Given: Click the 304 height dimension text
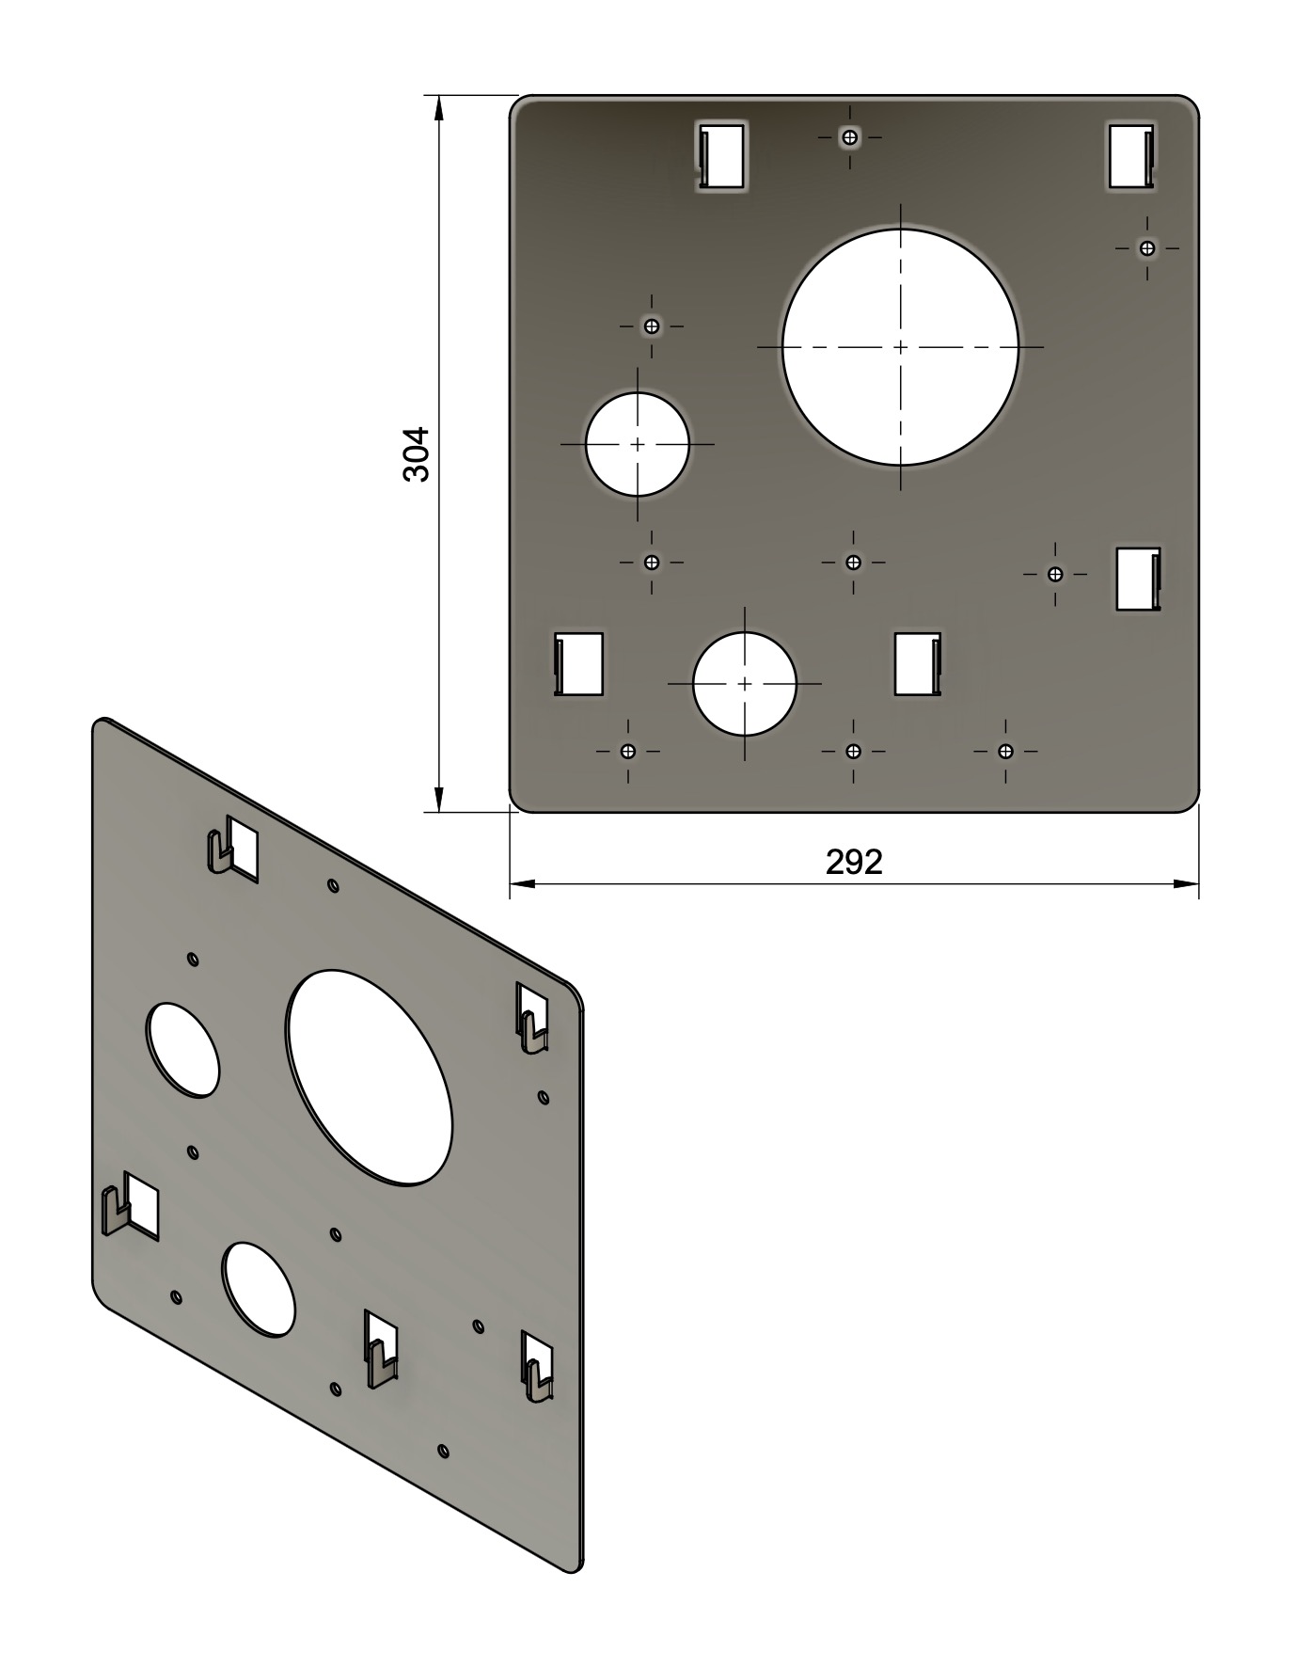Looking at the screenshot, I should [x=416, y=454].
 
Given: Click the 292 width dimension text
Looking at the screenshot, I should [x=854, y=862].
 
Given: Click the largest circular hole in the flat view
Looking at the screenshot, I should [x=900, y=347].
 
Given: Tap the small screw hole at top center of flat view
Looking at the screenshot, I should [x=850, y=137].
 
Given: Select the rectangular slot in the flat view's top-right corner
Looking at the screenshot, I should [x=1131, y=156].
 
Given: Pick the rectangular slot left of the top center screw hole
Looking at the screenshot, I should [x=721, y=155].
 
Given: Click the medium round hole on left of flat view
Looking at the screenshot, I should [x=638, y=444].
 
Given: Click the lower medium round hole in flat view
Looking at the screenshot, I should [x=745, y=684].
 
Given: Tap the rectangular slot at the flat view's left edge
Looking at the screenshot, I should [x=578, y=663].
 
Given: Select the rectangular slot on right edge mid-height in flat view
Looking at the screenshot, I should [x=1138, y=579].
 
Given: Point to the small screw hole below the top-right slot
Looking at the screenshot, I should [x=1146, y=248].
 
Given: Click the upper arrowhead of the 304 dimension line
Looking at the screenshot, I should [x=438, y=107].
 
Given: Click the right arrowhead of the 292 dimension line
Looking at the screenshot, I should [x=1186, y=883].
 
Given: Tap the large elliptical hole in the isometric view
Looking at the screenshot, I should [x=370, y=1076].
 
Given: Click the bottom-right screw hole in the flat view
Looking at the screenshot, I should [x=1005, y=751].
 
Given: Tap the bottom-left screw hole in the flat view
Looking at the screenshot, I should [x=628, y=751].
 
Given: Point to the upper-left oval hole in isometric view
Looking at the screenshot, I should [x=183, y=1050].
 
